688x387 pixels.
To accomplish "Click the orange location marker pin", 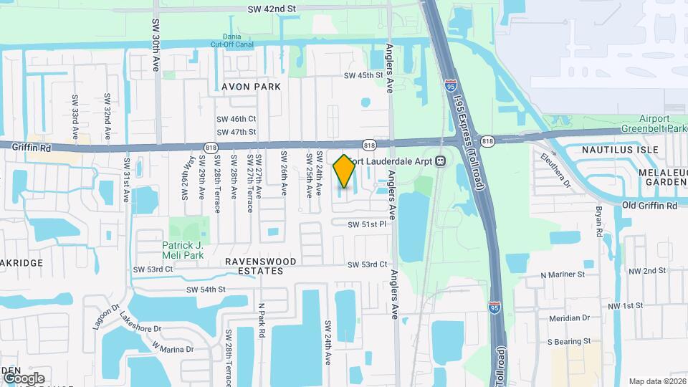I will [344, 171].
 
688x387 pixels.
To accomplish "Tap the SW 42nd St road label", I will [271, 9].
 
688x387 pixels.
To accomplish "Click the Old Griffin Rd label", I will [649, 206].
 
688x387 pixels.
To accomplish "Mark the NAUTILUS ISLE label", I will [610, 150].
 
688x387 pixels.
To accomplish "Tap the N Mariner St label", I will [563, 274].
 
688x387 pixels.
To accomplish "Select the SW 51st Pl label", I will [367, 224].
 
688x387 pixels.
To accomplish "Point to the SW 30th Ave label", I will [156, 45].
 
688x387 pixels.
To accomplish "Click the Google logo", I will [24, 378].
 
